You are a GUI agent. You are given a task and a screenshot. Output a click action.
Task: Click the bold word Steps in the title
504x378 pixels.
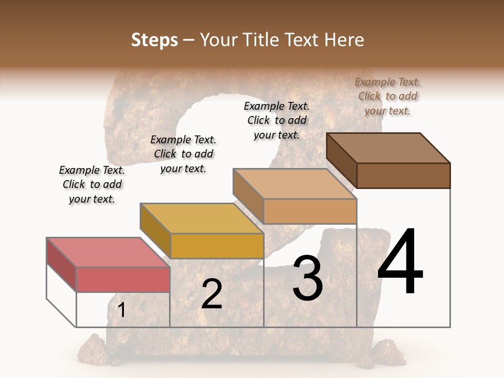point(154,40)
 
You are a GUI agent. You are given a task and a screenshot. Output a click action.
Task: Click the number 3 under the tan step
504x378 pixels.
point(308,278)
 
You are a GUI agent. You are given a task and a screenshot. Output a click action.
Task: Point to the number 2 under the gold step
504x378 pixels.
point(212,294)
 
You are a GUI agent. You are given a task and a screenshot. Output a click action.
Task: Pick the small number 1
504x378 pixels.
point(122,310)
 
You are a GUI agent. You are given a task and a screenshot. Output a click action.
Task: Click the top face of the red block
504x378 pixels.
point(108,252)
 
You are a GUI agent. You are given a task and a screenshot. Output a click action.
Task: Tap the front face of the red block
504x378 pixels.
point(123,279)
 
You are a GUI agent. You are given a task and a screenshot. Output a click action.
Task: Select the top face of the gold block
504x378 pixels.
point(202,218)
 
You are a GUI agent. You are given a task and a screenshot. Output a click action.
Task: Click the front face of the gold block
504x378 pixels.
point(216,246)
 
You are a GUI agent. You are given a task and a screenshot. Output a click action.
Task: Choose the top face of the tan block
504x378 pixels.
point(295,183)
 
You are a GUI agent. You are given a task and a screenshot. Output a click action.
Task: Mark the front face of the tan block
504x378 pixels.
point(310,211)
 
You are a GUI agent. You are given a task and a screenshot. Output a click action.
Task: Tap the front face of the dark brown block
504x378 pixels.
point(403,175)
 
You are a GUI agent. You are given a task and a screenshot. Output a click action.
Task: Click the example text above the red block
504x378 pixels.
point(92,184)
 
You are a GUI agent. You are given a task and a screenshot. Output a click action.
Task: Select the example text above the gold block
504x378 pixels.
point(183,154)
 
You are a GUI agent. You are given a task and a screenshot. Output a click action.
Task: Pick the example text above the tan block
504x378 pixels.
point(277,120)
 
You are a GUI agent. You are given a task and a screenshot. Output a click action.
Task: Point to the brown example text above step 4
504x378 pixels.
point(387,96)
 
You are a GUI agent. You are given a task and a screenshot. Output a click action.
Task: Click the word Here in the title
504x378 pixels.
point(346,40)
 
